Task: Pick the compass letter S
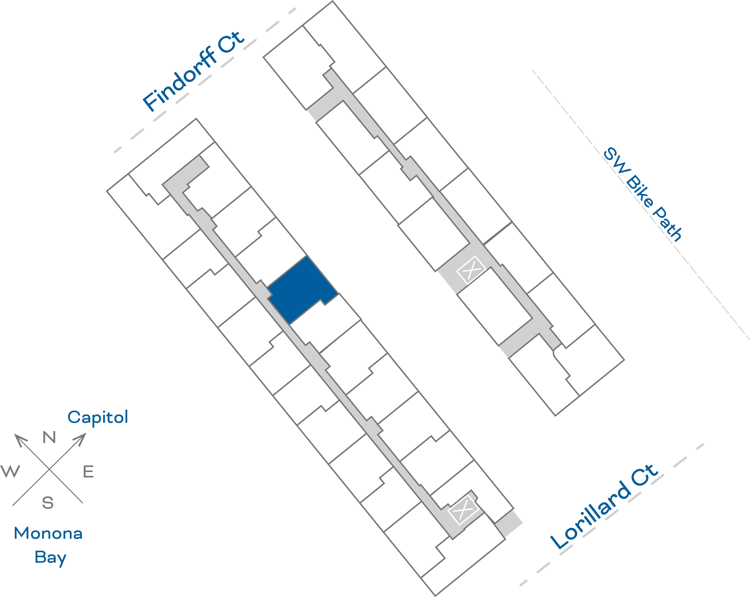[x=48, y=503]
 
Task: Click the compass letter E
[x=88, y=472]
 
